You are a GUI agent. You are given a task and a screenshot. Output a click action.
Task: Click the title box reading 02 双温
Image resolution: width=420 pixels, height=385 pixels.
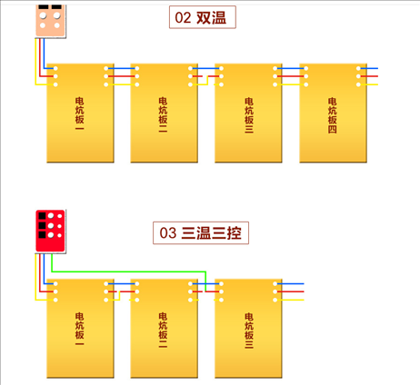203,17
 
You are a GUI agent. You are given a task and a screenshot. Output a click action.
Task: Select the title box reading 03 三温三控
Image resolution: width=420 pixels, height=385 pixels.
201,232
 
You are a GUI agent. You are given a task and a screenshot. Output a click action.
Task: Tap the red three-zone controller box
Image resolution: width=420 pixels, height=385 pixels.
50,231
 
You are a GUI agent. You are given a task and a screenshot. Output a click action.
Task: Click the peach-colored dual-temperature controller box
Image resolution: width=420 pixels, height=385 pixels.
50,21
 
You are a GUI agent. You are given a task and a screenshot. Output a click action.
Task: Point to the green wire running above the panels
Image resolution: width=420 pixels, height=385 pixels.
130,271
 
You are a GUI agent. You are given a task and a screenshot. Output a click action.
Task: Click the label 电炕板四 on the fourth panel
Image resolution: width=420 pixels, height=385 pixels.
332,115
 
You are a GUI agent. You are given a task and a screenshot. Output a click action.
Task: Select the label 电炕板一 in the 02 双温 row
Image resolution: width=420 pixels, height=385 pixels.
79,114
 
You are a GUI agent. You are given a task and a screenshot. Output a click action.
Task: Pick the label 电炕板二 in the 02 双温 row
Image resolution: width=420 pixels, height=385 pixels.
163,115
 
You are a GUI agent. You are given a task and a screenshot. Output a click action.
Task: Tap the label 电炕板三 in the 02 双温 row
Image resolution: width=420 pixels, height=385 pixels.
249,115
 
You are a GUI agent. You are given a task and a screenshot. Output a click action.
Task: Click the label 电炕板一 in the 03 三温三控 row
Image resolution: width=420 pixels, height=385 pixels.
79,330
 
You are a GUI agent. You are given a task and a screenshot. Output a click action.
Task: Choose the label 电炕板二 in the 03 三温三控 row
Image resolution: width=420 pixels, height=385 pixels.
163,331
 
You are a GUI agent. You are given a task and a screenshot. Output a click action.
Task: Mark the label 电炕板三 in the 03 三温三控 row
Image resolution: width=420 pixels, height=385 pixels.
249,331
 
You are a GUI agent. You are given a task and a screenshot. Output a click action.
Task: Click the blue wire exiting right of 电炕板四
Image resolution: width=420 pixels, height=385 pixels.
368,68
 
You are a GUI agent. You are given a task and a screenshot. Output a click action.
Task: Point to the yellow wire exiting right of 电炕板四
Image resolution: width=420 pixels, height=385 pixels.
368,84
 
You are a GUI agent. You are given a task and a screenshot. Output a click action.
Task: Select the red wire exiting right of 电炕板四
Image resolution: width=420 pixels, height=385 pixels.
368,76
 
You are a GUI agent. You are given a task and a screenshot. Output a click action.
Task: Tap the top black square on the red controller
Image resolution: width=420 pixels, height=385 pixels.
42,216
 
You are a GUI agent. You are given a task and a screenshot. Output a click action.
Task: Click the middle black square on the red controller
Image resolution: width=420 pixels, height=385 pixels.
42,225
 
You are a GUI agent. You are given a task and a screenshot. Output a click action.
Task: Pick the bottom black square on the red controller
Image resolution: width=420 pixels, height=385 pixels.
42,235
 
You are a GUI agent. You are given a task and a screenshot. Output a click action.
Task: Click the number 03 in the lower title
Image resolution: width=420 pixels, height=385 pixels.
168,233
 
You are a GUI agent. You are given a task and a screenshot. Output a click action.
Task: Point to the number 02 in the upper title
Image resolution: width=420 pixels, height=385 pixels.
183,17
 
